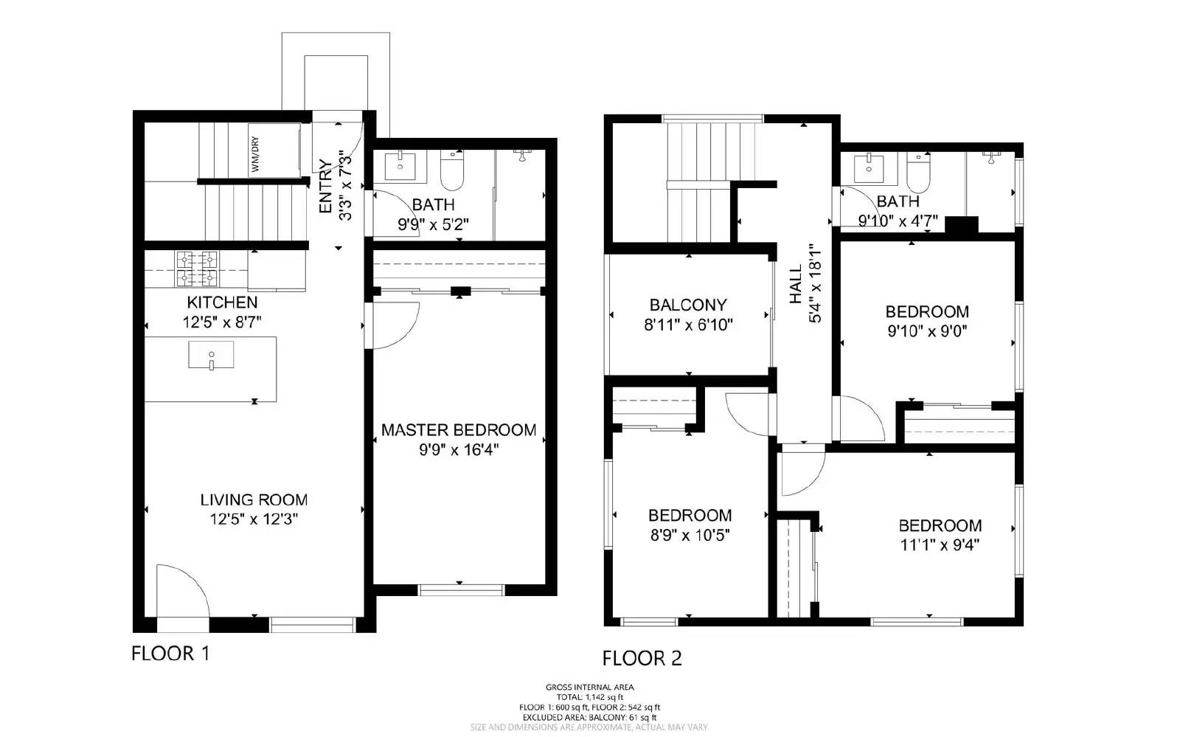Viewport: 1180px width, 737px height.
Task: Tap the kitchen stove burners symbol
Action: pyautogui.click(x=197, y=269)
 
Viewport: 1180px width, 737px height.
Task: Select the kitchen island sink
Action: pyautogui.click(x=211, y=355)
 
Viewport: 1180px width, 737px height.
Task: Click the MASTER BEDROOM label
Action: pyautogui.click(x=459, y=429)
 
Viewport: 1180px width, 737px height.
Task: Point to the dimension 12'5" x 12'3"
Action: pyautogui.click(x=253, y=519)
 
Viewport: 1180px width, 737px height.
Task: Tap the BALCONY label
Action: pyautogui.click(x=688, y=305)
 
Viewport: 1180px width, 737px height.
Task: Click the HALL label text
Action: pyautogui.click(x=796, y=285)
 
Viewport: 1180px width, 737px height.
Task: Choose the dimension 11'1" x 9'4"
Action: pyautogui.click(x=940, y=545)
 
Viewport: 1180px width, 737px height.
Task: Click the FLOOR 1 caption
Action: pyautogui.click(x=170, y=653)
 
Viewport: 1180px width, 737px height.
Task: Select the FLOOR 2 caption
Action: pyautogui.click(x=642, y=658)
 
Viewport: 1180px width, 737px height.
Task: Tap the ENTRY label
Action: pyautogui.click(x=325, y=186)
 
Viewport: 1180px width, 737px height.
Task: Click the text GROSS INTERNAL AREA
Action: pyautogui.click(x=589, y=687)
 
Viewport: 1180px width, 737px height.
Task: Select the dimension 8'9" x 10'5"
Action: pyautogui.click(x=690, y=535)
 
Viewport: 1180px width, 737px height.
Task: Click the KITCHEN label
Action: pyautogui.click(x=222, y=302)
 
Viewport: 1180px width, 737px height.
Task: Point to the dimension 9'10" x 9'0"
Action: pyautogui.click(x=927, y=331)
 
